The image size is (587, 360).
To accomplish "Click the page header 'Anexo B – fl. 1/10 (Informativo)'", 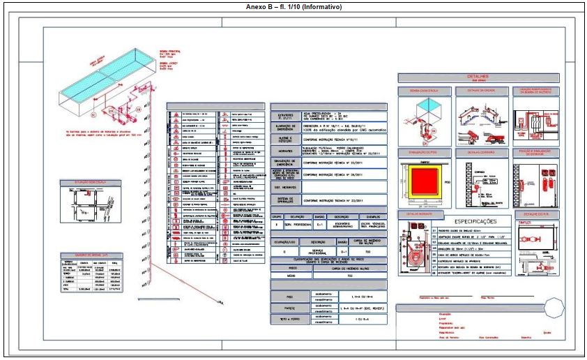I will coord(293,6).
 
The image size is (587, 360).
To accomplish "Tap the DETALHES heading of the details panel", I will coord(478,76).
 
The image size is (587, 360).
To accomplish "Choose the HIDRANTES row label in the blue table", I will coord(286,150).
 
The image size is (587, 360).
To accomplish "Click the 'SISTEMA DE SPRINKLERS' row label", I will coord(286,200).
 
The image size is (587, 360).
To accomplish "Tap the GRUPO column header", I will coord(277,217).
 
